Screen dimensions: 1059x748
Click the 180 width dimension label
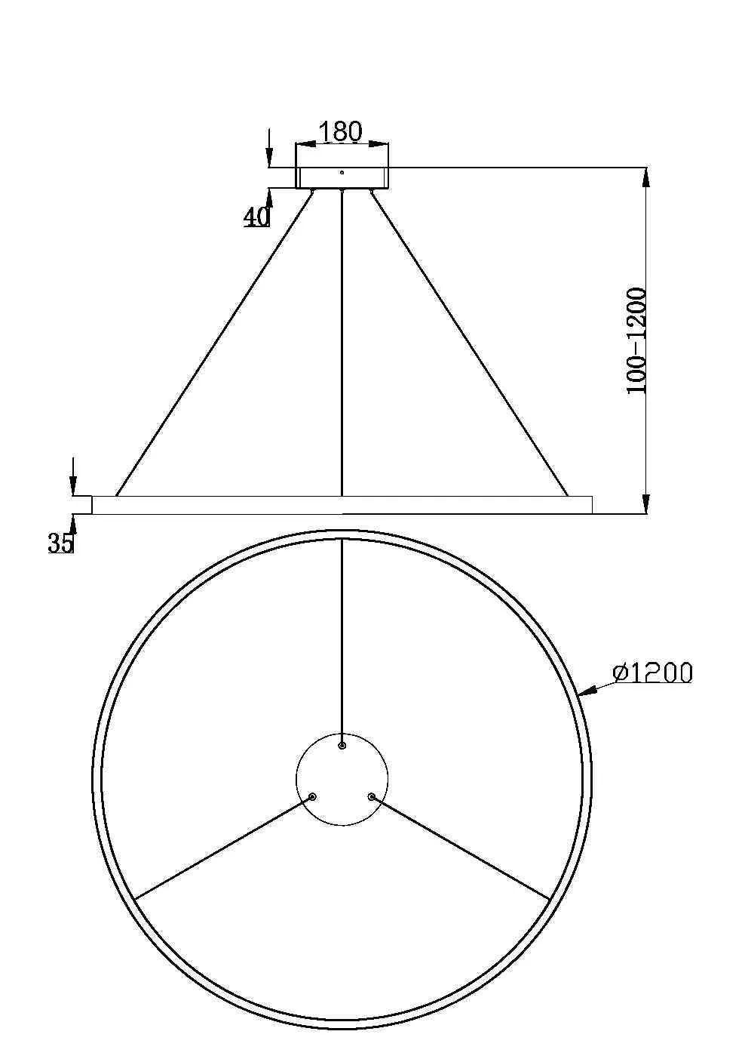tap(340, 131)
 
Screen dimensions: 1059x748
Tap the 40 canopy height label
tap(256, 217)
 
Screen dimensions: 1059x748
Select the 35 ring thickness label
tap(61, 543)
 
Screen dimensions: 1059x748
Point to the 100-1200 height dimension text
tap(636, 340)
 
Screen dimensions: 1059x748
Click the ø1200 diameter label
tap(653, 673)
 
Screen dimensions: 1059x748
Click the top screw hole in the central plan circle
tap(342, 745)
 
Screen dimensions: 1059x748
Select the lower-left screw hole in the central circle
tap(312, 796)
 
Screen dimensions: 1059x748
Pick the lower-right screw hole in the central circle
tap(371, 796)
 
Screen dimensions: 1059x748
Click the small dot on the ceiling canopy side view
tap(342, 172)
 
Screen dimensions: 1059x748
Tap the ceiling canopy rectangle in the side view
tap(342, 178)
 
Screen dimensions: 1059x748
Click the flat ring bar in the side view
tap(342, 505)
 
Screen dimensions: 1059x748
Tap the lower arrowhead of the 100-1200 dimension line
tap(645, 504)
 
